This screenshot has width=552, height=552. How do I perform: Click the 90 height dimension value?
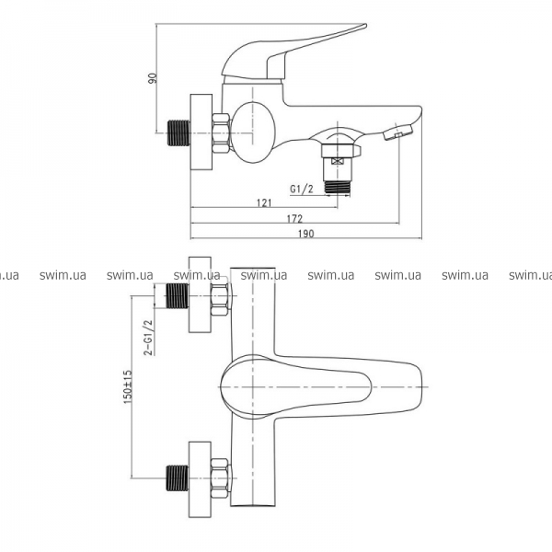[x=153, y=78]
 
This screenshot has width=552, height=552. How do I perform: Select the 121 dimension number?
[x=264, y=202]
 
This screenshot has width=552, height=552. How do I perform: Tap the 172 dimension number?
[x=294, y=219]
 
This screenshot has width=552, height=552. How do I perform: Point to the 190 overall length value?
[x=306, y=234]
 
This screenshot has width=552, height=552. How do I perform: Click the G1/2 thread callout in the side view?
[x=302, y=189]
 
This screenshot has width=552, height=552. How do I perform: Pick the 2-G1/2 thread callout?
[x=149, y=338]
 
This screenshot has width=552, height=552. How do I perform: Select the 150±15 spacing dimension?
[x=128, y=386]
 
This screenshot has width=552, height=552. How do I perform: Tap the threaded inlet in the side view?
[x=178, y=132]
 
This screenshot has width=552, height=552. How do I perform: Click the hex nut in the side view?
[x=221, y=133]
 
